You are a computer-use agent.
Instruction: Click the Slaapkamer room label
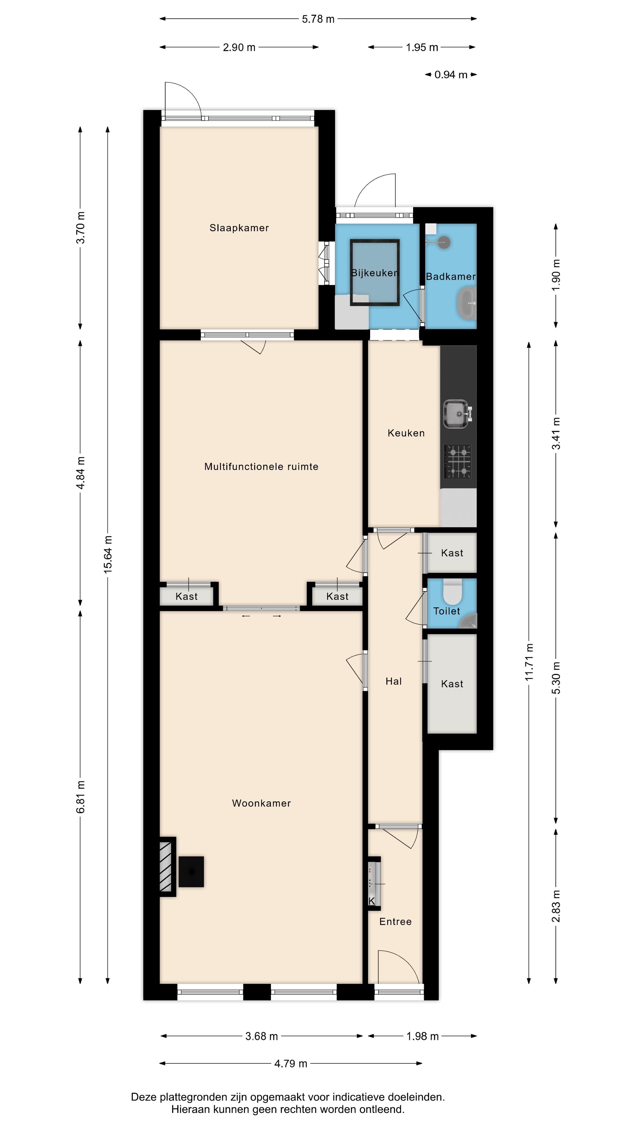239,228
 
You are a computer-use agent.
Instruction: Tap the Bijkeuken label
375,273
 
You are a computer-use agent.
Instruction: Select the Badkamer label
451,276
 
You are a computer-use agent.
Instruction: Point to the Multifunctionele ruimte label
261,466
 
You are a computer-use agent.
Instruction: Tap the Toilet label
446,611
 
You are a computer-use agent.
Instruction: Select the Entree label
395,922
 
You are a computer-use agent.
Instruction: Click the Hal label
394,681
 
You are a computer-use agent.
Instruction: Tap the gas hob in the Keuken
458,461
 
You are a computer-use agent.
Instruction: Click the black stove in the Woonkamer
191,872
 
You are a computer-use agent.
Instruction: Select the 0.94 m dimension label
451,75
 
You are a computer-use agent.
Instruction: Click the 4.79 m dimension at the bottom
291,1063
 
